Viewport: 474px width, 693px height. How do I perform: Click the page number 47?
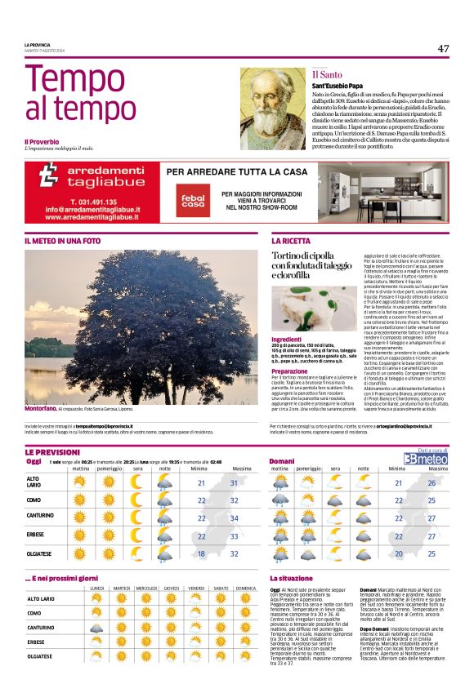point(442,49)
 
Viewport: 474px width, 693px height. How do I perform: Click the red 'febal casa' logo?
point(194,200)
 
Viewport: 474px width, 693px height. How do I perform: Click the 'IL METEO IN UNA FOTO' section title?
point(63,242)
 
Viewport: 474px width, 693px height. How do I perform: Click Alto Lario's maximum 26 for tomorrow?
point(432,482)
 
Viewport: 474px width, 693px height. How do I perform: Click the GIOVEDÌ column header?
point(172,588)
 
